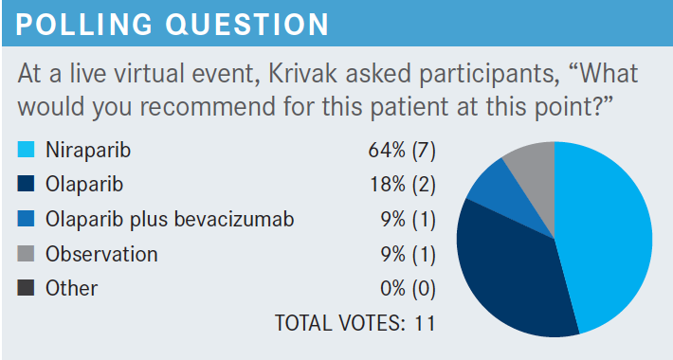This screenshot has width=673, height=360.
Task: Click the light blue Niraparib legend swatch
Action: click(26, 150)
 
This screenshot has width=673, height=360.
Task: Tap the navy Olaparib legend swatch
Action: click(26, 184)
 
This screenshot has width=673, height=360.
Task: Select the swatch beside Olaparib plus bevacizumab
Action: click(26, 219)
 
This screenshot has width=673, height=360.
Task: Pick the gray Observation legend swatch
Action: click(26, 254)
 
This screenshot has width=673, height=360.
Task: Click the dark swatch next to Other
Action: click(26, 288)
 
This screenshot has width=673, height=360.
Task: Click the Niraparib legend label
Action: click(88, 151)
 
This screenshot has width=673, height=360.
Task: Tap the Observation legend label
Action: click(101, 254)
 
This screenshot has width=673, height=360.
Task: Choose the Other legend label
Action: click(72, 288)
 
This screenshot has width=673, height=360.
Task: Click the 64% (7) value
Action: click(402, 151)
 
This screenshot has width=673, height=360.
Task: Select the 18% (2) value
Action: click(403, 185)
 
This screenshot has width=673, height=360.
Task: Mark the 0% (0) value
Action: click(408, 289)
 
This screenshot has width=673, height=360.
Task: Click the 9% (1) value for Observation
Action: click(408, 255)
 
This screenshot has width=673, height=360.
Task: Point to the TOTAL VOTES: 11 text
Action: click(355, 323)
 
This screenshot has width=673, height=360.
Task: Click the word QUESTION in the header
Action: click(247, 25)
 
